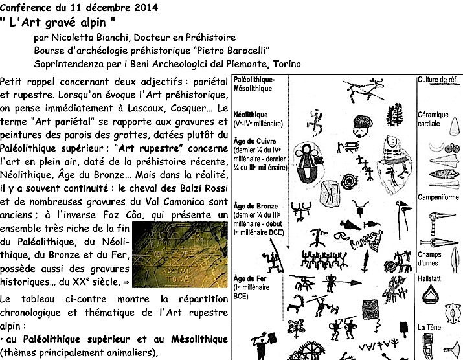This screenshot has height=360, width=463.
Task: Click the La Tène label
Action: click(430, 327)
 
